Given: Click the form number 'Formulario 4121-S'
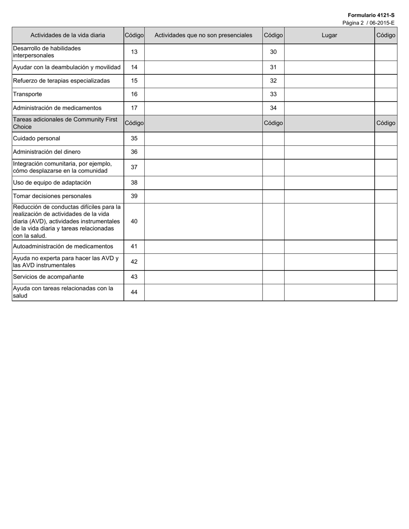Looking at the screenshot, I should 371,15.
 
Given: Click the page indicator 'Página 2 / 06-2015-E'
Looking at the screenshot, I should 368,23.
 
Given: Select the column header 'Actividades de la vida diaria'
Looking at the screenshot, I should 68,35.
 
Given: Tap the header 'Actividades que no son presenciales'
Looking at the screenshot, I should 203,35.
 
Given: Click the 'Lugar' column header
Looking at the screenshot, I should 329,35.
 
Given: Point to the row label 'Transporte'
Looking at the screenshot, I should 28,94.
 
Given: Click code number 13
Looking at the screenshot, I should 134,52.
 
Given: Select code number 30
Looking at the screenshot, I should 273,52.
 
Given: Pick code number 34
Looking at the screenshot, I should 273,108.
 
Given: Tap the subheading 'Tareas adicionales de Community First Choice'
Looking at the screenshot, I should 65,123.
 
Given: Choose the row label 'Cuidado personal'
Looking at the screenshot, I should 37,138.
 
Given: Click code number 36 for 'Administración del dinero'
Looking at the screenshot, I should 134,152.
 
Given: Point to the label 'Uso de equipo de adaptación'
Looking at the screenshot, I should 52,182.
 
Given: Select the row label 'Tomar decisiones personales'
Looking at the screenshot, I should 52,196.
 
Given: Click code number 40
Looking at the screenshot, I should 134,221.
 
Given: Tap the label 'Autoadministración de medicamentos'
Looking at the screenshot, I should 63,246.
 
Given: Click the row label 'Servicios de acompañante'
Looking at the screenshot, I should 48,277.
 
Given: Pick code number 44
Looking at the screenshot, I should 134,292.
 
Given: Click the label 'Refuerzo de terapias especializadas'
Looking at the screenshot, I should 61,81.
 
